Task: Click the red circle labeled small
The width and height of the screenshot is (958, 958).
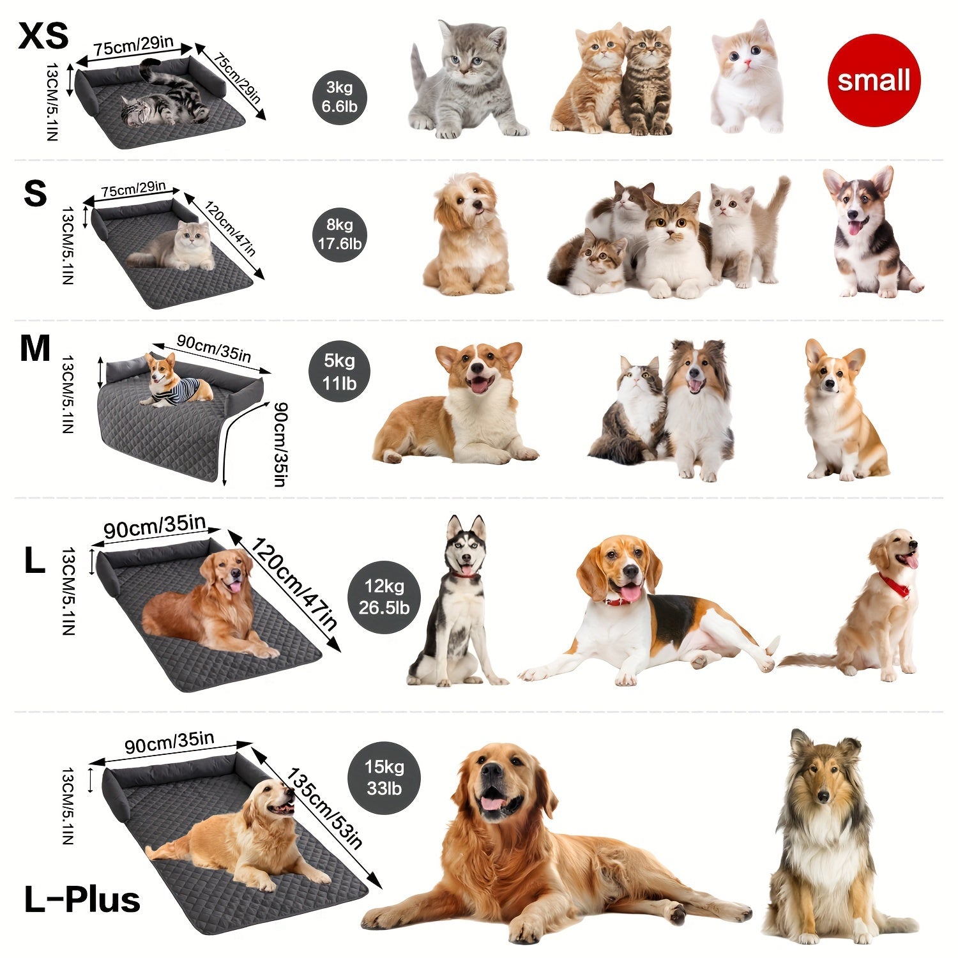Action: pyautogui.click(x=873, y=80)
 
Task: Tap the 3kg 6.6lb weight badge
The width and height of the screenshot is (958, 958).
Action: pyautogui.click(x=340, y=97)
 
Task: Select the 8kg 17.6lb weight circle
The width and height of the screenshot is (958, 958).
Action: pyautogui.click(x=340, y=234)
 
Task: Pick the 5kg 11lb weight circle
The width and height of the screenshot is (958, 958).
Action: pyautogui.click(x=339, y=372)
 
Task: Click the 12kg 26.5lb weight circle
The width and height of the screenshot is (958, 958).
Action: pyautogui.click(x=384, y=597)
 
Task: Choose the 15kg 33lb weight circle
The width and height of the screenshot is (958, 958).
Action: pyautogui.click(x=384, y=777)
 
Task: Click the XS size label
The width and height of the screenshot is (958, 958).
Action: pyautogui.click(x=43, y=36)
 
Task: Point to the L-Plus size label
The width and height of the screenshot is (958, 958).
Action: pyautogui.click(x=82, y=899)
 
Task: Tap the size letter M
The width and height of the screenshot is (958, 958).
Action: pyautogui.click(x=34, y=349)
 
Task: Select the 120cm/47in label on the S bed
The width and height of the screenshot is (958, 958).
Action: pyautogui.click(x=230, y=227)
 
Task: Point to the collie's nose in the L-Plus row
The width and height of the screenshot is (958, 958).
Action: pyautogui.click(x=823, y=796)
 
